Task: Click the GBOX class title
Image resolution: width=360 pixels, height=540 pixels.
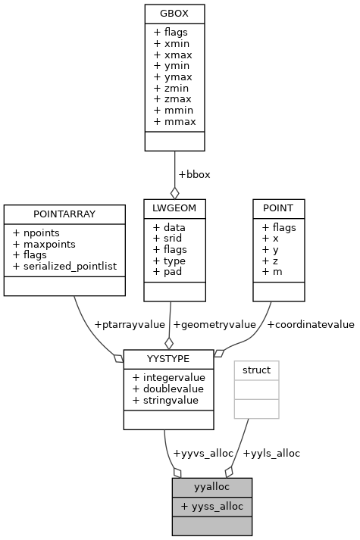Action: (174, 14)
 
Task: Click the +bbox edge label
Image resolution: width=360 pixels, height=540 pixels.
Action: (194, 174)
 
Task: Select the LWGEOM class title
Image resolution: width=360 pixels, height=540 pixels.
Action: (174, 206)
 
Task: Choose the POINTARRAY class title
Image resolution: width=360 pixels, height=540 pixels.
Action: (64, 212)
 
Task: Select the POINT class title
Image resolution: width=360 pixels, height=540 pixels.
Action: (278, 206)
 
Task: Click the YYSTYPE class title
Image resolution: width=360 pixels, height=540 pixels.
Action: (164, 357)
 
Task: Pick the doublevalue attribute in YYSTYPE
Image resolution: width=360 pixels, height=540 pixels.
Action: (165, 389)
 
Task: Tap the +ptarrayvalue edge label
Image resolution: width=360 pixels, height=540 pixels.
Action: (129, 325)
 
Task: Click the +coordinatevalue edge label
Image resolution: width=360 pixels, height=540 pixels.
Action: (311, 325)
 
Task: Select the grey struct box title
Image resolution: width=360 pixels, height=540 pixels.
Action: (256, 369)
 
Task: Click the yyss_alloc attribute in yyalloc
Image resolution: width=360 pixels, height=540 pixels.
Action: (211, 506)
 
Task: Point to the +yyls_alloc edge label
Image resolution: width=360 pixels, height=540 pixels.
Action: (271, 453)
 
